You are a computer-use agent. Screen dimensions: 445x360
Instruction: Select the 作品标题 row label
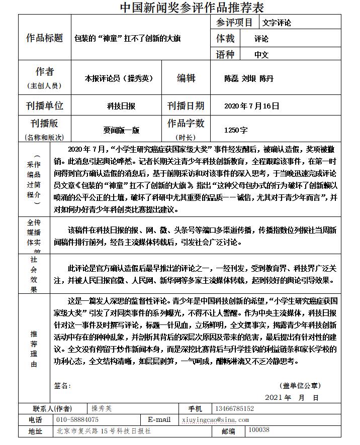pos(45,38)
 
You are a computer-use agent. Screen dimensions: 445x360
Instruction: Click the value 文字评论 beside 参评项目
pos(277,23)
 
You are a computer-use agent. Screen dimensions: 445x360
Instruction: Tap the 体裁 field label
pos(225,38)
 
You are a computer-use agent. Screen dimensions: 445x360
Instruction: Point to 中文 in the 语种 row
pos(261,55)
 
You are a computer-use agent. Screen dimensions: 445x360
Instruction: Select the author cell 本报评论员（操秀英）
pos(119,78)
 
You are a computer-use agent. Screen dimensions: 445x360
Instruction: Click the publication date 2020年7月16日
pos(251,106)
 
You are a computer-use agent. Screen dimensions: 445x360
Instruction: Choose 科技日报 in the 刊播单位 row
pos(121,106)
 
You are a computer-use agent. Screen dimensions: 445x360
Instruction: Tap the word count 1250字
pos(236,130)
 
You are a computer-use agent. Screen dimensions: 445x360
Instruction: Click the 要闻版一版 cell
pos(122,130)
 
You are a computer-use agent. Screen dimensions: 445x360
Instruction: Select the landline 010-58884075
pos(77,419)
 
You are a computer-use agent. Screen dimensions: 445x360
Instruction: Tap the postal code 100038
pos(259,430)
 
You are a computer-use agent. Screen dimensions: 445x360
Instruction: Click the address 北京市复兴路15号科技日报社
pos(104,430)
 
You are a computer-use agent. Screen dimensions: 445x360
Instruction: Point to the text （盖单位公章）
pos(300,386)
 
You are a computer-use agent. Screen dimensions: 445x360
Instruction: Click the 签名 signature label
pos(62,386)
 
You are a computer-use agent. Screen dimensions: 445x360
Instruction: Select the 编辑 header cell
pos(186,78)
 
